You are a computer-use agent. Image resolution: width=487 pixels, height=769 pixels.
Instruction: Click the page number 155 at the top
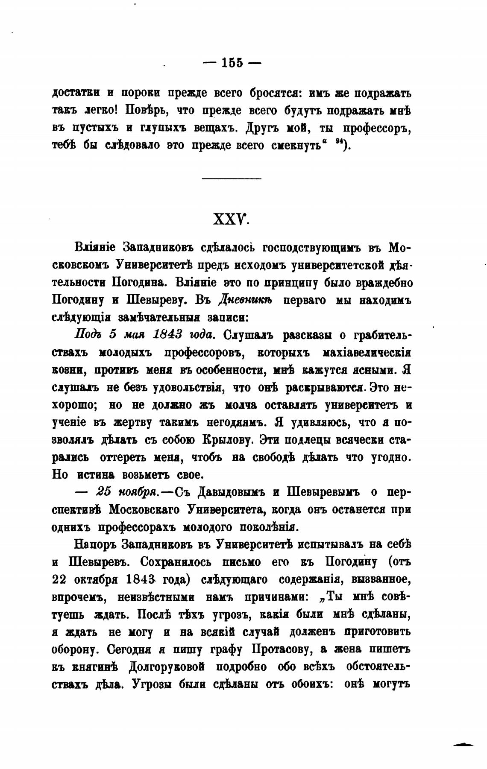tap(232, 63)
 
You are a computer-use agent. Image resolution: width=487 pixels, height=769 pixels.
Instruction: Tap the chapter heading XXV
tap(232, 220)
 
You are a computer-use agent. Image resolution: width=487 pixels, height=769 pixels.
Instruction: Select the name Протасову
tap(281, 649)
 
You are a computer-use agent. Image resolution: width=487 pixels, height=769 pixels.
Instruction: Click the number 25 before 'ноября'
tap(104, 492)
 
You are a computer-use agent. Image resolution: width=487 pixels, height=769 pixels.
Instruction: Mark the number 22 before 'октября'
tap(61, 579)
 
